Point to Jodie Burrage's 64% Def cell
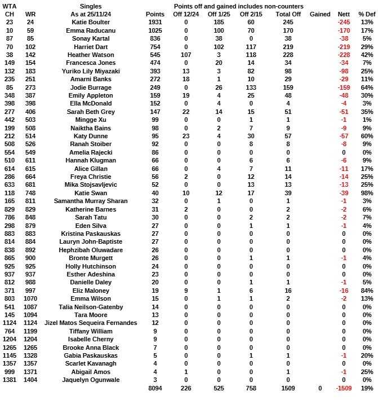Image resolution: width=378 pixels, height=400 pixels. [x=367, y=87]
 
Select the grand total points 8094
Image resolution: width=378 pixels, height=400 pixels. [x=155, y=389]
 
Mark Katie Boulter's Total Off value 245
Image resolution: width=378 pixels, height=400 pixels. [x=287, y=21]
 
